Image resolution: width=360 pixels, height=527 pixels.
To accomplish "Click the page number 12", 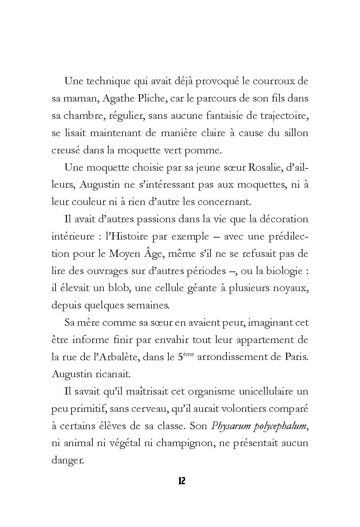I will tap(182, 481).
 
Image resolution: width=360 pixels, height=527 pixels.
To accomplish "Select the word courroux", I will tap(272, 81).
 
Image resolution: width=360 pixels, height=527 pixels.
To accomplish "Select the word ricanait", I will tap(113, 374).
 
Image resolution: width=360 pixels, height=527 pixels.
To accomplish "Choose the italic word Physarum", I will tap(228, 426).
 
